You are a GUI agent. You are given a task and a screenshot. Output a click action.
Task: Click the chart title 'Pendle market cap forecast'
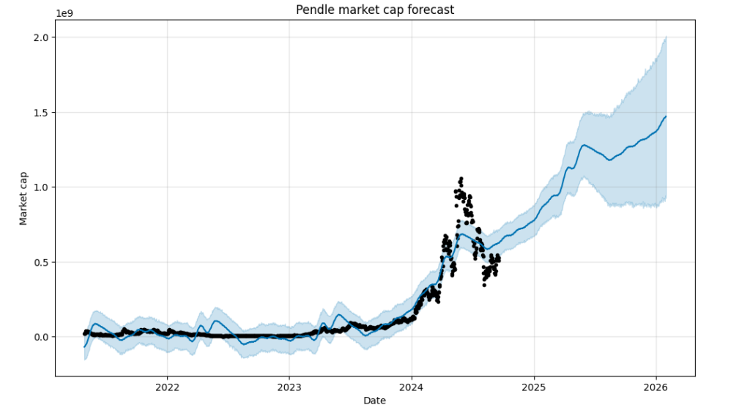[374, 10]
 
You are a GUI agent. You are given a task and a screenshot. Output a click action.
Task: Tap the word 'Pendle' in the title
[313, 10]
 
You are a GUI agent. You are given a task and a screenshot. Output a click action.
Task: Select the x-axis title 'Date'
[374, 401]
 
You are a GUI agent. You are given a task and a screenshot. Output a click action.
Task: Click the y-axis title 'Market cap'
[23, 198]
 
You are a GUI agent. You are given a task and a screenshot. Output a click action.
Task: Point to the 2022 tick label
[167, 387]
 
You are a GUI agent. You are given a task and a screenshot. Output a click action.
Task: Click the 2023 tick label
[289, 387]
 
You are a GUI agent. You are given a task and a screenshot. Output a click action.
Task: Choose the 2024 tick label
[412, 387]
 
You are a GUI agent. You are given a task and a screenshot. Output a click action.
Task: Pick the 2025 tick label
[534, 387]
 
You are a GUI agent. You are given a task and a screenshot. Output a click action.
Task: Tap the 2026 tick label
[656, 387]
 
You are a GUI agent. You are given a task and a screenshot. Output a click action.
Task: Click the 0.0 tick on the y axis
[41, 337]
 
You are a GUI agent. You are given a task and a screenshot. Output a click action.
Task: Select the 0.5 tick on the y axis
[41, 262]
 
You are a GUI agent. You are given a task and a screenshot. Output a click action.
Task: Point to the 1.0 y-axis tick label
[41, 187]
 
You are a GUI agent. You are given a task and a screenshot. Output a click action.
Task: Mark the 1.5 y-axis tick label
[41, 113]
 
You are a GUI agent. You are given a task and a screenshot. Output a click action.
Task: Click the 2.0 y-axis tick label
[41, 37]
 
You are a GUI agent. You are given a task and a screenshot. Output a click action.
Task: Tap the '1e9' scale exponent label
[64, 13]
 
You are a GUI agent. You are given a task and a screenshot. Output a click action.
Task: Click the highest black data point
[461, 178]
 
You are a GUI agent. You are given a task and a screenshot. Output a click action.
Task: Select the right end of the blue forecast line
[666, 116]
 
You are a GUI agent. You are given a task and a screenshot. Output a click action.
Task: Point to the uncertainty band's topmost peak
[666, 37]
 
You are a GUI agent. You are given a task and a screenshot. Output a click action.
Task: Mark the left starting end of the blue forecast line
[85, 346]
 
